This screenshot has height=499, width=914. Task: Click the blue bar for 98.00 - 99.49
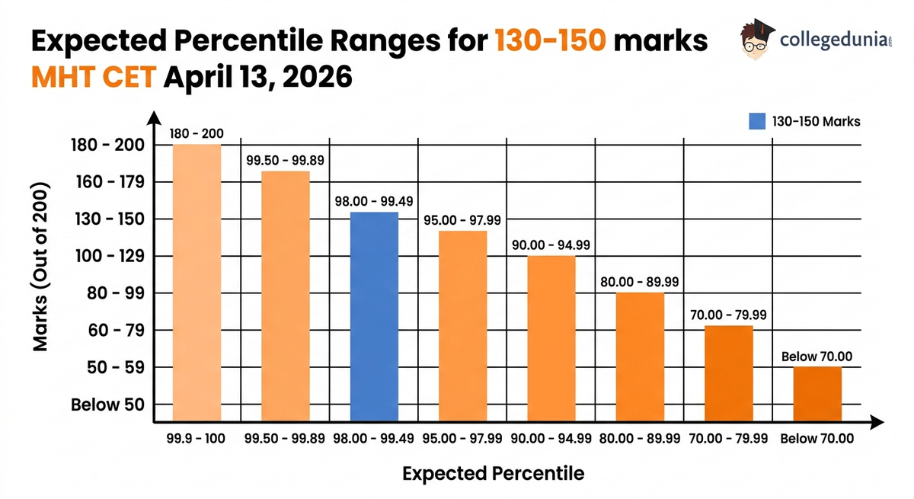click(374, 316)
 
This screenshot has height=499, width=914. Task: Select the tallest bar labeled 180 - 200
click(197, 282)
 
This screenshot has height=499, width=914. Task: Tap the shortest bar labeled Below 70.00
click(817, 394)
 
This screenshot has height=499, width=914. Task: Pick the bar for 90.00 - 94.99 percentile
click(551, 338)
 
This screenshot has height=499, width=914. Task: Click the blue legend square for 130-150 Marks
click(756, 121)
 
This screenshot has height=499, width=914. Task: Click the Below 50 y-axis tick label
click(107, 405)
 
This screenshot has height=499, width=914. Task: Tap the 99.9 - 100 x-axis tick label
click(197, 439)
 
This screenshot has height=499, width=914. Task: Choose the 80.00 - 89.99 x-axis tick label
click(640, 439)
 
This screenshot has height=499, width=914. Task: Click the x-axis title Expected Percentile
click(493, 473)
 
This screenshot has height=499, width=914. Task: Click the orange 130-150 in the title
click(550, 40)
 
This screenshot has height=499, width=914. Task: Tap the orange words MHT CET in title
click(91, 77)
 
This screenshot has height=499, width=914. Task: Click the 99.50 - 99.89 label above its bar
click(286, 160)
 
